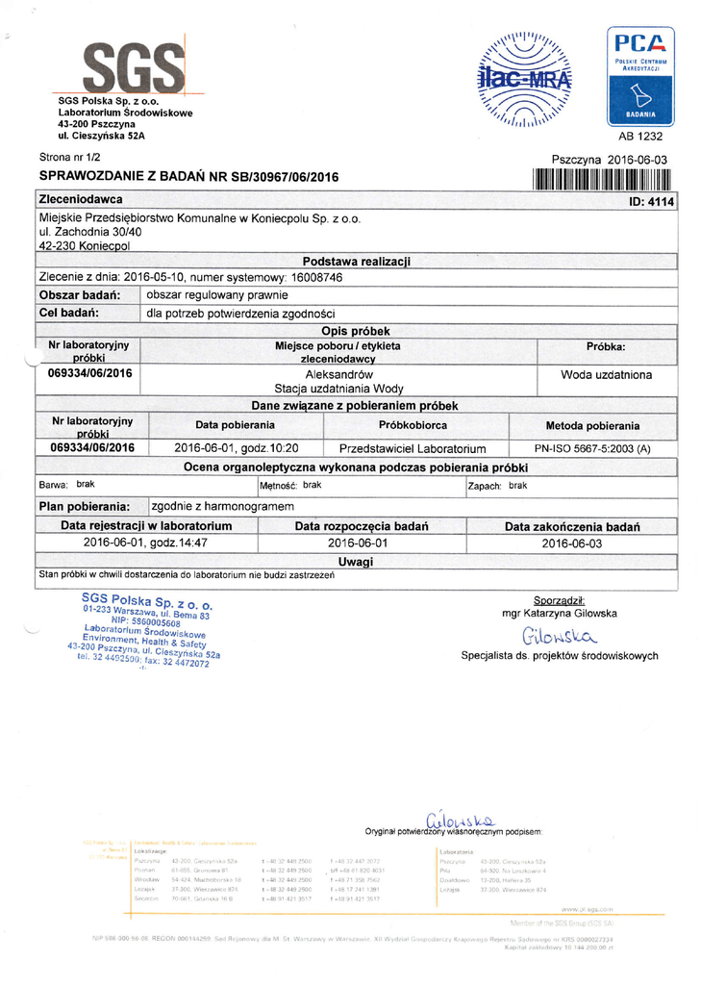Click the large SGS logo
[x=134, y=68]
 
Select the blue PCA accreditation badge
[x=639, y=76]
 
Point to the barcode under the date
[x=601, y=179]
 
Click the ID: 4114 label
[x=651, y=201]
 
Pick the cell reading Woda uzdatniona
[x=606, y=374]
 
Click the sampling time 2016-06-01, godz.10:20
[x=236, y=448]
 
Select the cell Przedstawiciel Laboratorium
[x=413, y=448]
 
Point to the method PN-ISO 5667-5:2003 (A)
[x=592, y=448]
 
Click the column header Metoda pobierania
[x=592, y=425]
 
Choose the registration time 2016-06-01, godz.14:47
[x=146, y=543]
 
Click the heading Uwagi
[x=355, y=561]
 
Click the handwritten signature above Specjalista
[x=560, y=636]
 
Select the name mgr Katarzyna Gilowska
[x=559, y=613]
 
